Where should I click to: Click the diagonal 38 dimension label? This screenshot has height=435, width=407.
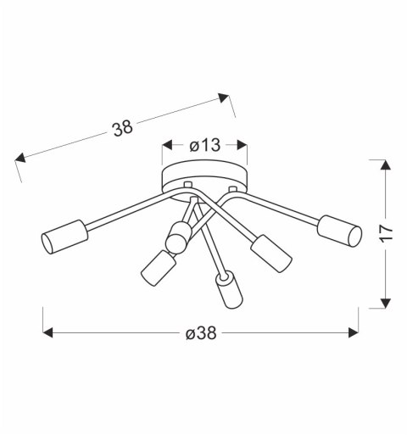point(124,129)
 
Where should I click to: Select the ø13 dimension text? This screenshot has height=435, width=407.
point(204,145)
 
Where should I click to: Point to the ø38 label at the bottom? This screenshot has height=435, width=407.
point(200,333)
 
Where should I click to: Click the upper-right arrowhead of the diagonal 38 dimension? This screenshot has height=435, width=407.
point(225,98)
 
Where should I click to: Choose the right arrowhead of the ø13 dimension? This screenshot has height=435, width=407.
point(243,145)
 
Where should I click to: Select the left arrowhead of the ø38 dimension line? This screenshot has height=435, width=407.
point(48,333)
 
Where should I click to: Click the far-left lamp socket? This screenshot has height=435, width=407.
point(64,235)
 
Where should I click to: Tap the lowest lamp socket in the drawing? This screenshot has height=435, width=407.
point(226,291)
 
